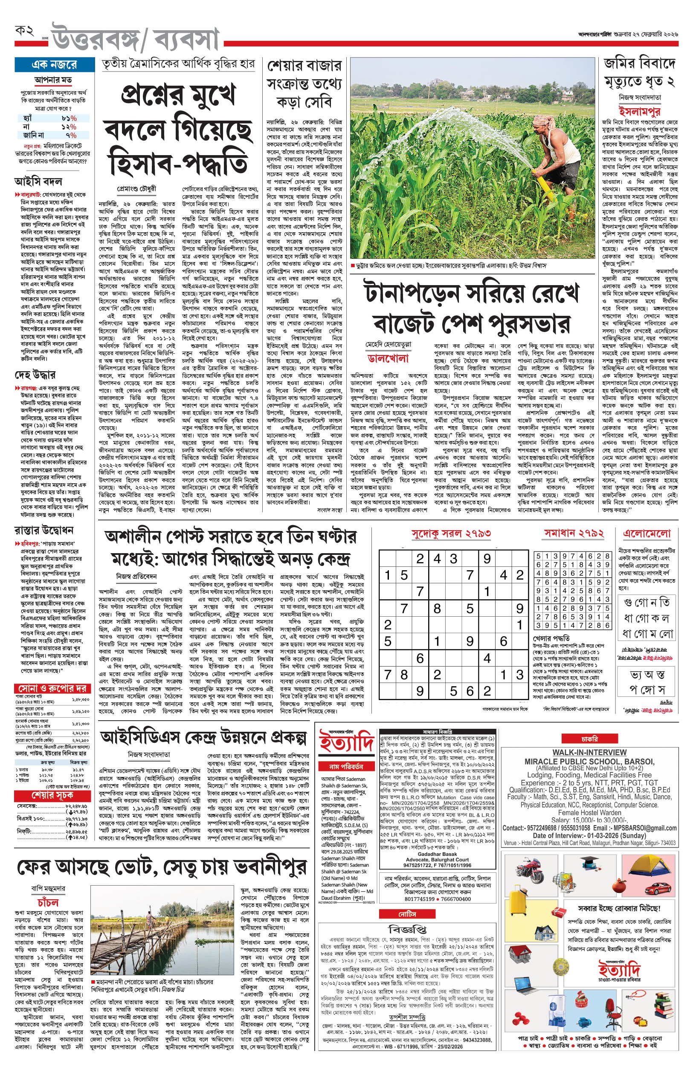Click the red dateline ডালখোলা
coord(388,358)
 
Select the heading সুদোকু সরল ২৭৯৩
coord(451,533)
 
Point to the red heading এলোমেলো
coord(647,533)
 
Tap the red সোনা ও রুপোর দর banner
coord(52,688)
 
